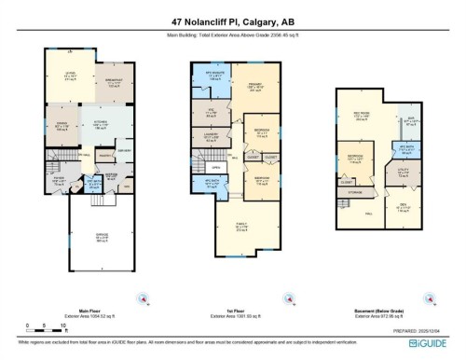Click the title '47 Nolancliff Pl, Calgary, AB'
232,20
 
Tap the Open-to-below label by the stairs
215,168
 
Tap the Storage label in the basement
357,192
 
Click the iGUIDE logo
429,342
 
